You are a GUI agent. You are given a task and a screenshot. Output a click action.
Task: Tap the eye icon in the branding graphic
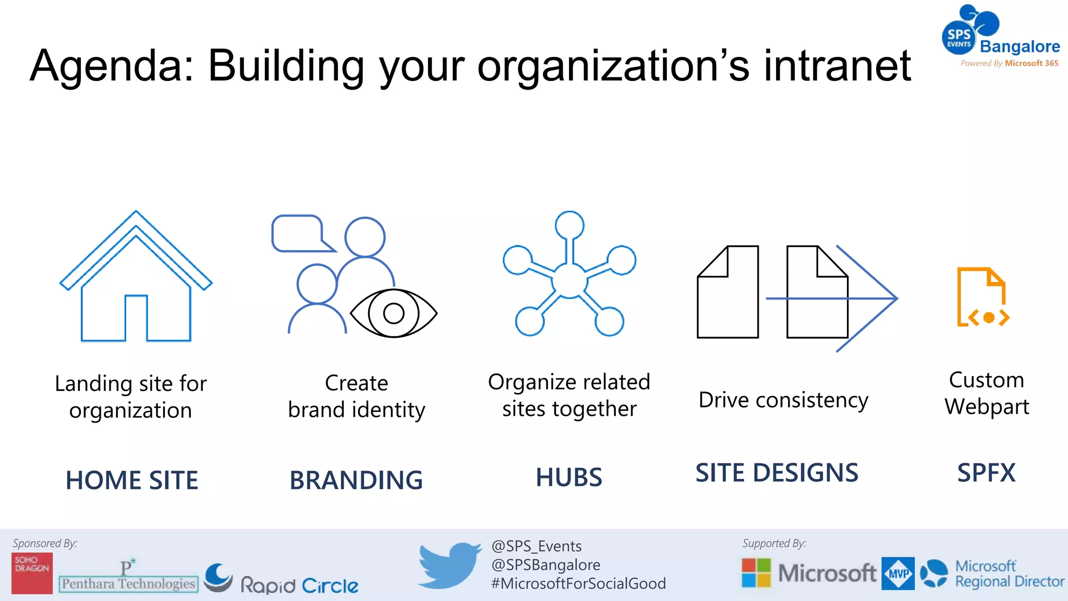[x=394, y=313]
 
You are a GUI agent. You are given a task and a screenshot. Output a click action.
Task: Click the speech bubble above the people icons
[x=300, y=234]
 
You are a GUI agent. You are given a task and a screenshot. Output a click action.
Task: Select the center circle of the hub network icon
[x=569, y=280]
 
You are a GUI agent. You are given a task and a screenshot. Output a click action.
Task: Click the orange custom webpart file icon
[x=982, y=297]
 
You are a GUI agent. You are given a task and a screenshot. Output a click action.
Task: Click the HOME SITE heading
[x=132, y=480]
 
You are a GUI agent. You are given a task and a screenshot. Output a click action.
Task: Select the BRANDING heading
[x=356, y=480]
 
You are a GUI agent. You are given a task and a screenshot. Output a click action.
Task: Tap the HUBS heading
[x=569, y=477]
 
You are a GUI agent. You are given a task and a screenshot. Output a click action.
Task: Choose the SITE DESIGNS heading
[x=776, y=473]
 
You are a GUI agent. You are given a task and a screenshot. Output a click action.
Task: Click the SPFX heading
[x=986, y=473]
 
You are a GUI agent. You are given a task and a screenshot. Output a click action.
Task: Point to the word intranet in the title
[x=837, y=66]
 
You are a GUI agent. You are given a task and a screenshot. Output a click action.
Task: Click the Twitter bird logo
[x=450, y=565]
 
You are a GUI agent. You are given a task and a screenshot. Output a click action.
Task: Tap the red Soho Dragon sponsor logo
[x=32, y=573]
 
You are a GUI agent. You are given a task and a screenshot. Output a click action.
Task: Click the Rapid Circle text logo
[x=299, y=585]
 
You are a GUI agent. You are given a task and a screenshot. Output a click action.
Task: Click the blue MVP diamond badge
[x=898, y=573]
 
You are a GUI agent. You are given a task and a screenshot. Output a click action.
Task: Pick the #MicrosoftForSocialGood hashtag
[x=578, y=583]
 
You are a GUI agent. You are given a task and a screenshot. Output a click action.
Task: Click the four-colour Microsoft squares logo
[x=756, y=573]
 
